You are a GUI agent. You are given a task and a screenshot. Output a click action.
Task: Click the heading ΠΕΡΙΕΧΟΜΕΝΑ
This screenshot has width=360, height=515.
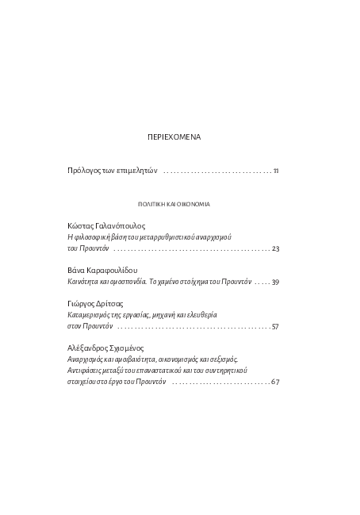[x=174, y=137]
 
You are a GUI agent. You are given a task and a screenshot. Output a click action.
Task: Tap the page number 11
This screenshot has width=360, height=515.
[x=275, y=171]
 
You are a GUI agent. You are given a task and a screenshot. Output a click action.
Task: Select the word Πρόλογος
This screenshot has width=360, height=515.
[x=85, y=171]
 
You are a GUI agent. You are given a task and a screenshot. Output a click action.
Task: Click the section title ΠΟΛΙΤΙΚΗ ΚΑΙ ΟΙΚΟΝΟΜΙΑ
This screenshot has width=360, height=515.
[x=174, y=204]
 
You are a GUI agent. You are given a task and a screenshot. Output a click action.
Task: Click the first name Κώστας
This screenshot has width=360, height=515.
[x=82, y=226]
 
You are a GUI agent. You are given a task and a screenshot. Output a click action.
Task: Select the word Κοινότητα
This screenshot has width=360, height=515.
[x=84, y=282]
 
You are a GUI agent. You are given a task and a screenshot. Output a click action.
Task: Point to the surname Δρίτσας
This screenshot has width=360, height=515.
[x=116, y=304]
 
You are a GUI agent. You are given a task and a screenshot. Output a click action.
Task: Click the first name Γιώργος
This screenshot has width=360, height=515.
[x=83, y=304]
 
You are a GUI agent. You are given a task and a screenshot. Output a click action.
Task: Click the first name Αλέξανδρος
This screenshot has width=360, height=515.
[x=90, y=348]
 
